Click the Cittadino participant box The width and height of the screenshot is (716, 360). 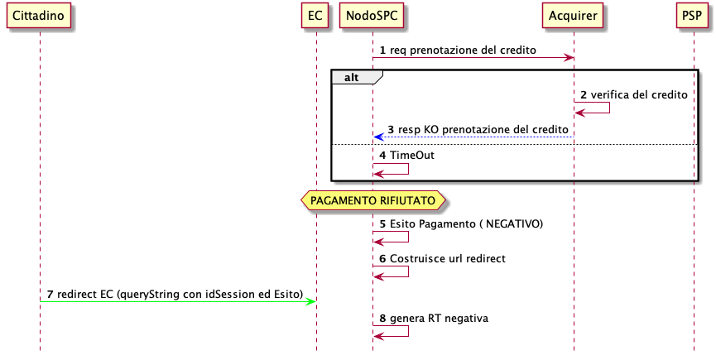pyautogui.click(x=38, y=16)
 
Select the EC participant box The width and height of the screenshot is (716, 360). pyautogui.click(x=315, y=16)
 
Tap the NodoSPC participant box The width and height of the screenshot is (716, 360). pyautogui.click(x=372, y=16)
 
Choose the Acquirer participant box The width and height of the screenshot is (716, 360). pyautogui.click(x=573, y=16)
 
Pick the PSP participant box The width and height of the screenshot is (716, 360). pyautogui.click(x=692, y=16)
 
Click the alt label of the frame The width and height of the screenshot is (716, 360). pyautogui.click(x=352, y=78)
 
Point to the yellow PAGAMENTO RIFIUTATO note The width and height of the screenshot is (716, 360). pyautogui.click(x=372, y=201)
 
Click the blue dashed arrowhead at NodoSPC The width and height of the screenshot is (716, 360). pyautogui.click(x=378, y=137)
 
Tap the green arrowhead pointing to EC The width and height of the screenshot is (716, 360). pyautogui.click(x=311, y=301)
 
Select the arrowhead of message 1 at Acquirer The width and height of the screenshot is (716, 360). pyautogui.click(x=569, y=57)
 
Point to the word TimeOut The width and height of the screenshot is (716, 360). pyautogui.click(x=412, y=155)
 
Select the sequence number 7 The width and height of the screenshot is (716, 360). pyautogui.click(x=50, y=295)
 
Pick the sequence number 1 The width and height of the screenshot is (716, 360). pyautogui.click(x=382, y=50)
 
